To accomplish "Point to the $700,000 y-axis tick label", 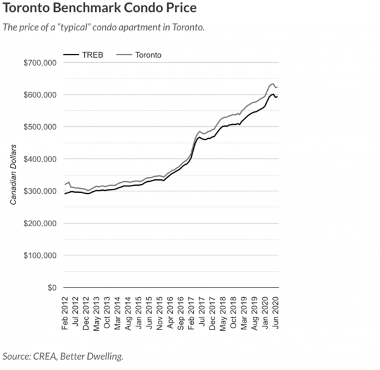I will pyautogui.click(x=41, y=63).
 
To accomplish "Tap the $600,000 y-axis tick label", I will pyautogui.click(x=41, y=95).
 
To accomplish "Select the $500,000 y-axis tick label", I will pyautogui.click(x=41, y=127).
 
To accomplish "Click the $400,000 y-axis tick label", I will pyautogui.click(x=41, y=159).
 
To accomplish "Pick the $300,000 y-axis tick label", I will pyautogui.click(x=41, y=191).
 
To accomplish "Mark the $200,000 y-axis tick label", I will pyautogui.click(x=41, y=224).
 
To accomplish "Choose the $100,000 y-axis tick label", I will pyautogui.click(x=41, y=255).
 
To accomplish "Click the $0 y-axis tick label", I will pyautogui.click(x=52, y=288).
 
